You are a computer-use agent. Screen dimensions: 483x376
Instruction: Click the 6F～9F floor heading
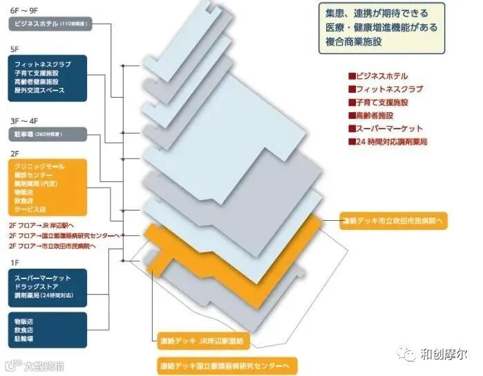(x=26, y=10)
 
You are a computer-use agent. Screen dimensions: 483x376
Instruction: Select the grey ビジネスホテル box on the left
(x=48, y=24)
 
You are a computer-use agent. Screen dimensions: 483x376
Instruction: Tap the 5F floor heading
(x=15, y=49)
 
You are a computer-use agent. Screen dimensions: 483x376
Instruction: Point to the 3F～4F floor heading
(x=26, y=119)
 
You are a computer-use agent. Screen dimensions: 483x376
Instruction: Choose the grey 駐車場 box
(x=48, y=133)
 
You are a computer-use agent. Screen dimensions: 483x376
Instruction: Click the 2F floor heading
(x=15, y=153)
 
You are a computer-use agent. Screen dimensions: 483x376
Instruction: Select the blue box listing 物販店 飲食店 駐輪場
(x=48, y=330)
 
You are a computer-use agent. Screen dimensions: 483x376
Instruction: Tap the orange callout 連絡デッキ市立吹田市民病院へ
(x=395, y=222)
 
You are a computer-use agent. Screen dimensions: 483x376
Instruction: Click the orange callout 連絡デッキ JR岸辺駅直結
(x=202, y=341)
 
